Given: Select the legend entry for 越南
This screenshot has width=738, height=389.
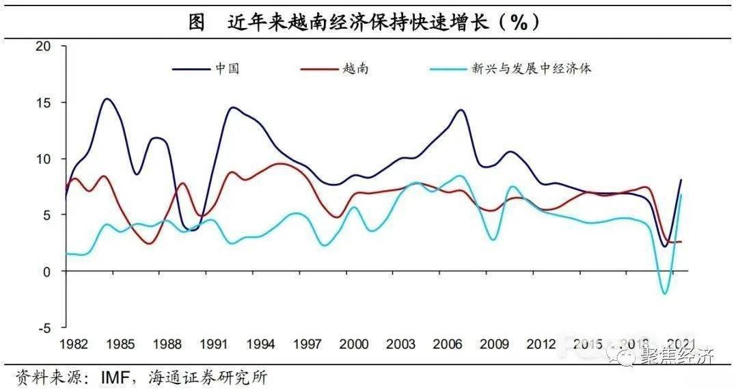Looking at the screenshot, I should click(x=355, y=68).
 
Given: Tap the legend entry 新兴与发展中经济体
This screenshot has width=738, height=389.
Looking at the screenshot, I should click(x=530, y=68).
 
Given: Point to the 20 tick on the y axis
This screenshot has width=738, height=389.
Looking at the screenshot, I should click(x=44, y=46).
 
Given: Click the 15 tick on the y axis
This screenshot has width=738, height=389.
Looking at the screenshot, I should click(x=44, y=103).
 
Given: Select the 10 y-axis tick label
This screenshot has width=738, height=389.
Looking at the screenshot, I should click(x=44, y=159).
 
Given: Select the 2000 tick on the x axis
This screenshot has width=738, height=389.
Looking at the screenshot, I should click(x=354, y=344).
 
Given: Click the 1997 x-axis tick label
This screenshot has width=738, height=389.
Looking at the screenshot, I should click(x=307, y=344).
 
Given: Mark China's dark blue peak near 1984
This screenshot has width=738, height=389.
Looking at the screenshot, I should click(x=107, y=99).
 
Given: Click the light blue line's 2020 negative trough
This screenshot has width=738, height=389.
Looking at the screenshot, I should click(x=664, y=294).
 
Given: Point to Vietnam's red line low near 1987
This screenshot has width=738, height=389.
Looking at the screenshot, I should click(x=150, y=243).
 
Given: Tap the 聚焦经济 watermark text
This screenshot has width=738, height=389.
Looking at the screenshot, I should click(x=677, y=356).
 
